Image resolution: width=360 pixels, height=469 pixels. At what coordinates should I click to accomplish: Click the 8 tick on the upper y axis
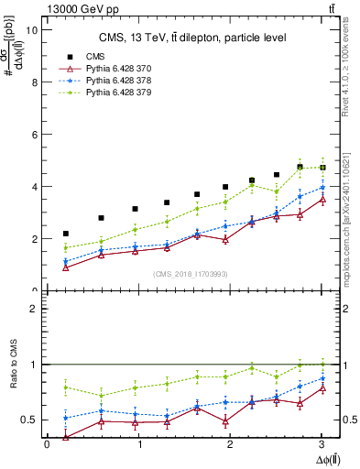34,82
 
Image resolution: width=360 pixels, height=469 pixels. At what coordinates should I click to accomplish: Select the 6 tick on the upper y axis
34,134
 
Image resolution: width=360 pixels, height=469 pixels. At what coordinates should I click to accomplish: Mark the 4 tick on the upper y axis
34,187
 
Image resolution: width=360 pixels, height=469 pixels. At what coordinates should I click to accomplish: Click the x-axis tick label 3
322,445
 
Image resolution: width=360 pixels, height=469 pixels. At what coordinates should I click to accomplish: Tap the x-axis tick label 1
139,445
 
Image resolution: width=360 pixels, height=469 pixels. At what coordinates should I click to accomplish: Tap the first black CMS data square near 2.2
65,234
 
